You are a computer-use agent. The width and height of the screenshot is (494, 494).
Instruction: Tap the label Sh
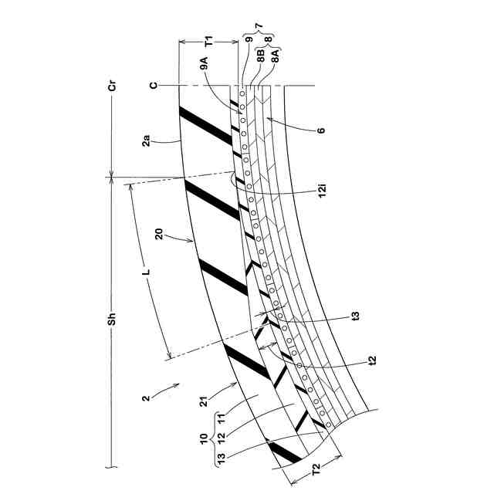point(112,316)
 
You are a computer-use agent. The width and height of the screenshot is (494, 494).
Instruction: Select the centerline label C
point(154,86)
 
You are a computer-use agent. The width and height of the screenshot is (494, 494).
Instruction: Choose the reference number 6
point(320,130)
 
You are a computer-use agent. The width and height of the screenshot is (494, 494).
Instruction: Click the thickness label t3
point(356,315)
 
